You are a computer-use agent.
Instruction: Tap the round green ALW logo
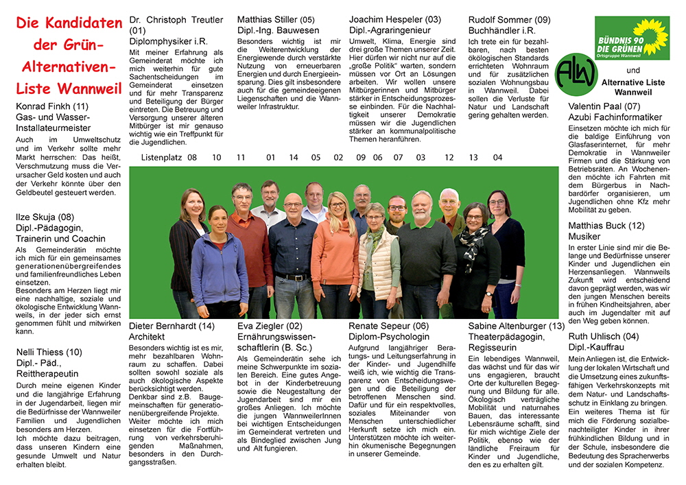tap(576, 74)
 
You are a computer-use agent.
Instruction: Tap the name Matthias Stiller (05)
tap(276, 20)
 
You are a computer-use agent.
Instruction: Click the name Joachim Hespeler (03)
tap(395, 20)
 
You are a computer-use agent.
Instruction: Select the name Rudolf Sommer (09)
tap(510, 20)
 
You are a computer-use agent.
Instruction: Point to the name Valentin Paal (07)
tap(604, 106)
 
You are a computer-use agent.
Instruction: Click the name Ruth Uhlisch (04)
tap(604, 336)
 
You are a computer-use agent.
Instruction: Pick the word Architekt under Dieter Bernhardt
tap(147, 337)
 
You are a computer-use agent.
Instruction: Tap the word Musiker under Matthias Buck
tap(585, 236)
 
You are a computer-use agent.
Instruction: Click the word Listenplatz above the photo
tap(161, 158)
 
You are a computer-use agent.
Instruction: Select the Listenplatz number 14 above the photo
tap(294, 158)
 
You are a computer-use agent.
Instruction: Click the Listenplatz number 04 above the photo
tap(497, 158)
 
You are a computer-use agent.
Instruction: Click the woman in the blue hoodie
tap(219, 264)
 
